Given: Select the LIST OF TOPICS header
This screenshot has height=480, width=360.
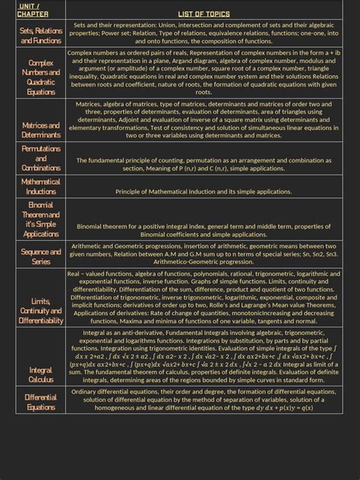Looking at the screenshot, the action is [203, 14].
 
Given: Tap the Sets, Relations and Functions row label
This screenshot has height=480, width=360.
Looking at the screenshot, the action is [41, 35].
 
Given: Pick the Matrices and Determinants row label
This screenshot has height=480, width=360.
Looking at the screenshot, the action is [41, 130].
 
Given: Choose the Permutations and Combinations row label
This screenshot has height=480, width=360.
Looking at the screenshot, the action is [41, 158].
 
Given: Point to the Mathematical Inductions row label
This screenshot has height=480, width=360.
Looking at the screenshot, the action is [41, 187].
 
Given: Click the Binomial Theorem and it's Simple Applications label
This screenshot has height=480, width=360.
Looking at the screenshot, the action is [41, 219].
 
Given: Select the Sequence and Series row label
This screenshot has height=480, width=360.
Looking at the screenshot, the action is [41, 256].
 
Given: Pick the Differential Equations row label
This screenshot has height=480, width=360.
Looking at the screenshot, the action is [41, 402].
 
